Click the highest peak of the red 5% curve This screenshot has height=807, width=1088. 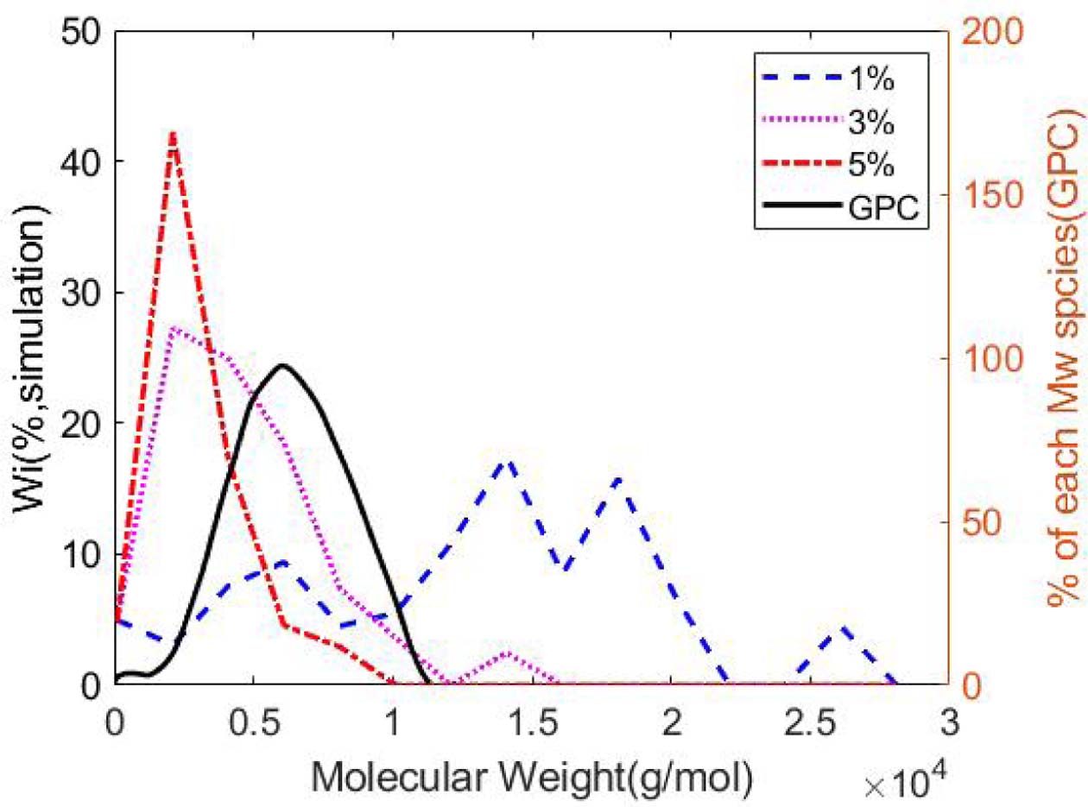coord(173,134)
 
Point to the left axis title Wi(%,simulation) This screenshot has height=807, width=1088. coord(31,357)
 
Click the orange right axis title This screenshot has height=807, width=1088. coord(1059,357)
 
